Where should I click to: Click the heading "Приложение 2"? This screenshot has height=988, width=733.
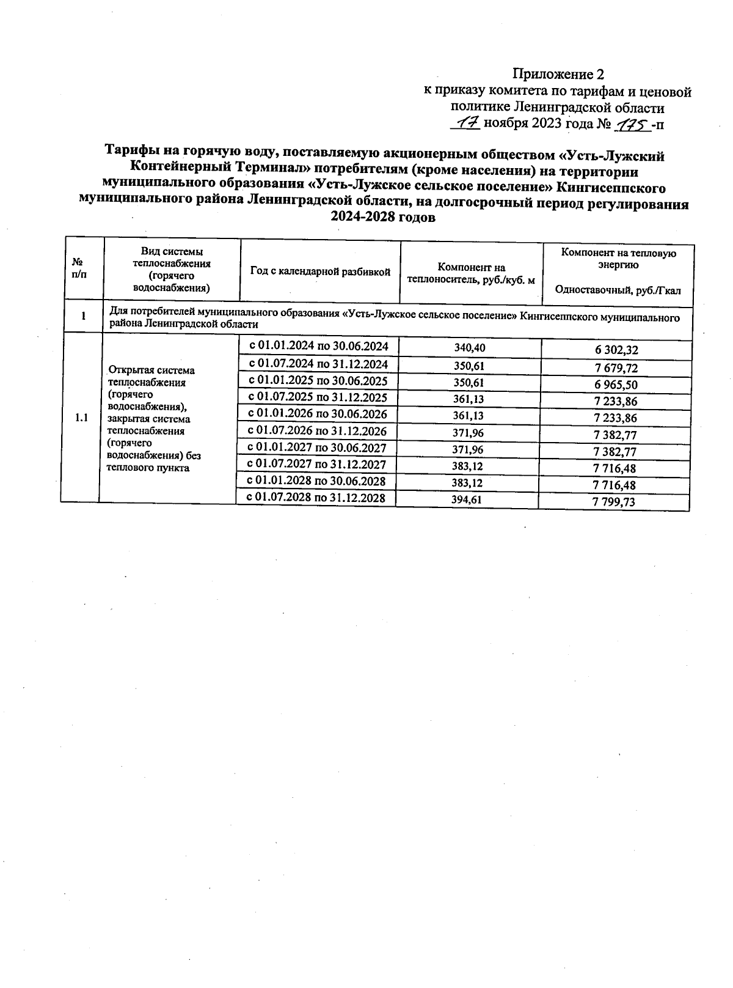click(558, 75)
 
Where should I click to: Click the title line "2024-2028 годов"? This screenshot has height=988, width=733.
click(383, 218)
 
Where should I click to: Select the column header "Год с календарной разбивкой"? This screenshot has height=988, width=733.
click(320, 272)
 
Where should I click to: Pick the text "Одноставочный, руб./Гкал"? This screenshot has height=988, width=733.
click(618, 291)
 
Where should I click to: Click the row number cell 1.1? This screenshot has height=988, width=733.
click(81, 418)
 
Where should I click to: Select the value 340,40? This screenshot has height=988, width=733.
click(469, 348)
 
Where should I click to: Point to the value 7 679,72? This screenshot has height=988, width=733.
click(616, 368)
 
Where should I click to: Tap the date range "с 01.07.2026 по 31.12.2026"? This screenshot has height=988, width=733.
click(318, 431)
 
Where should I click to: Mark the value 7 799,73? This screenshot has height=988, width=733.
click(614, 502)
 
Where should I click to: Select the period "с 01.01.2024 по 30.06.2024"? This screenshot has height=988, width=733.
click(319, 345)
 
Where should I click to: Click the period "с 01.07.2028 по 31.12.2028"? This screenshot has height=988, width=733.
click(316, 498)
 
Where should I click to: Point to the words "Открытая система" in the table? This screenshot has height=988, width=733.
click(151, 370)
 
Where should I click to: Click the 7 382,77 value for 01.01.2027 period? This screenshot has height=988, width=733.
click(614, 452)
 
